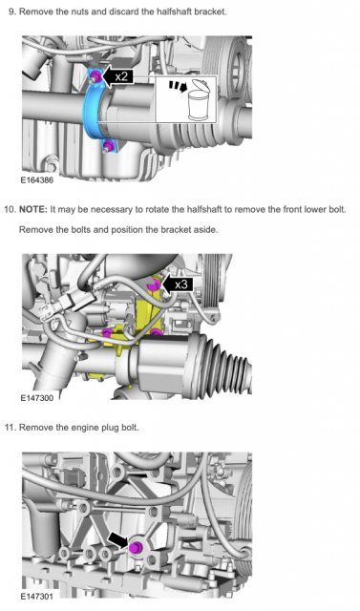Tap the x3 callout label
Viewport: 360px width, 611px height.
pyautogui.click(x=178, y=284)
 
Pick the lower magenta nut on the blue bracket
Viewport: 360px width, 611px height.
pyautogui.click(x=108, y=146)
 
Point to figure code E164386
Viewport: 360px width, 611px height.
pyautogui.click(x=37, y=180)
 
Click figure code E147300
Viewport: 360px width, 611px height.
pyautogui.click(x=37, y=398)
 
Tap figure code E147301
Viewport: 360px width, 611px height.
pyautogui.click(x=37, y=596)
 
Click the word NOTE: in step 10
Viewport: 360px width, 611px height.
pyautogui.click(x=33, y=210)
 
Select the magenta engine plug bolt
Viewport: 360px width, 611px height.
pyautogui.click(x=136, y=547)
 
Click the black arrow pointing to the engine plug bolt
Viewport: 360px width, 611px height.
pyautogui.click(x=118, y=540)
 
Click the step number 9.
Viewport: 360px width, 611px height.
pyautogui.click(x=11, y=11)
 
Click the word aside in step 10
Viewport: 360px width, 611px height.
pyautogui.click(x=205, y=230)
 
